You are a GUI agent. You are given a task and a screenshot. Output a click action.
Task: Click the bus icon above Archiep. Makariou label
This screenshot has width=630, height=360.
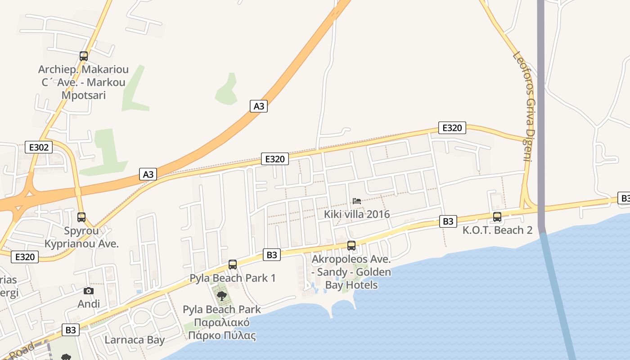(x=83, y=56)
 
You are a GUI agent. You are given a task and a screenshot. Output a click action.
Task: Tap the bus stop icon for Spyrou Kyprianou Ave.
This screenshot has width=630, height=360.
(x=81, y=217)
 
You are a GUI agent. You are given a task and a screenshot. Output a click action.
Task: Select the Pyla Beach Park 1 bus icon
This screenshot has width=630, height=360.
(x=233, y=265)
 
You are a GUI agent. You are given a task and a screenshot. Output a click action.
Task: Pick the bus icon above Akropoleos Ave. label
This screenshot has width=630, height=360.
(x=351, y=246)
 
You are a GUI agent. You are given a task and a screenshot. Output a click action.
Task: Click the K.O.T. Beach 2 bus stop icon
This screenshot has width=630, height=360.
(x=497, y=217)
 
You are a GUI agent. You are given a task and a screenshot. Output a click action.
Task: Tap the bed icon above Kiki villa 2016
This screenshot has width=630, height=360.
(x=357, y=201)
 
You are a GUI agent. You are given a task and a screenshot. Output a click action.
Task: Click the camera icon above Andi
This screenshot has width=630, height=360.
(x=89, y=291)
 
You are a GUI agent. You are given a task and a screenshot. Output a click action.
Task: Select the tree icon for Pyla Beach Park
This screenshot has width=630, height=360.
(x=221, y=296)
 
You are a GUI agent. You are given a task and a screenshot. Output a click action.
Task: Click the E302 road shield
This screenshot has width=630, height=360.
(x=39, y=147)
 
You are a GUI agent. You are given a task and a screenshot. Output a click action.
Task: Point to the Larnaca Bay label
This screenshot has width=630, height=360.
(x=135, y=340)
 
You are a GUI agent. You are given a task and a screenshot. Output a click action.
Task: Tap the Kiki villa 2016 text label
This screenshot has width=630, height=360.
(x=357, y=214)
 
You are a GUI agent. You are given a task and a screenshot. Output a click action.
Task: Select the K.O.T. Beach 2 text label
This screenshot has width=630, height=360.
(x=497, y=230)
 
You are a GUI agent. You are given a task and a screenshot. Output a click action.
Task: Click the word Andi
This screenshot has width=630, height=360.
(x=89, y=304)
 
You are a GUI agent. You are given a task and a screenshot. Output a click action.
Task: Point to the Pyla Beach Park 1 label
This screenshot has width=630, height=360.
(x=233, y=278)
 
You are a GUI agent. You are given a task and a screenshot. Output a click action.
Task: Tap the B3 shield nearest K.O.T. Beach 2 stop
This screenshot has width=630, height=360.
(x=448, y=221)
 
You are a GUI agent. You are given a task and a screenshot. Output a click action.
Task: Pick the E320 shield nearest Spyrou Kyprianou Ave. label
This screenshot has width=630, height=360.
(x=25, y=257)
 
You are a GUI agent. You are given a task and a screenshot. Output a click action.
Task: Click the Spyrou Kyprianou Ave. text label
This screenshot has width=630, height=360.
(x=81, y=237)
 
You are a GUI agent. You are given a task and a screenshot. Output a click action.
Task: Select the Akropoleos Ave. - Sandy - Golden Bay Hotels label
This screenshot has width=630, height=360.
(x=351, y=272)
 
